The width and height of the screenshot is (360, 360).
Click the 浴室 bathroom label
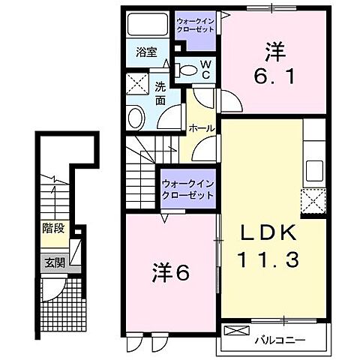coord(146,52)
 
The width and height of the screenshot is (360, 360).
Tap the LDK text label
coord(267,234)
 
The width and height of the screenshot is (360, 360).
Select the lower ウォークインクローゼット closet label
coord(187,187)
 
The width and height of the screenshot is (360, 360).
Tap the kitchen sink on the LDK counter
coord(314,167)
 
